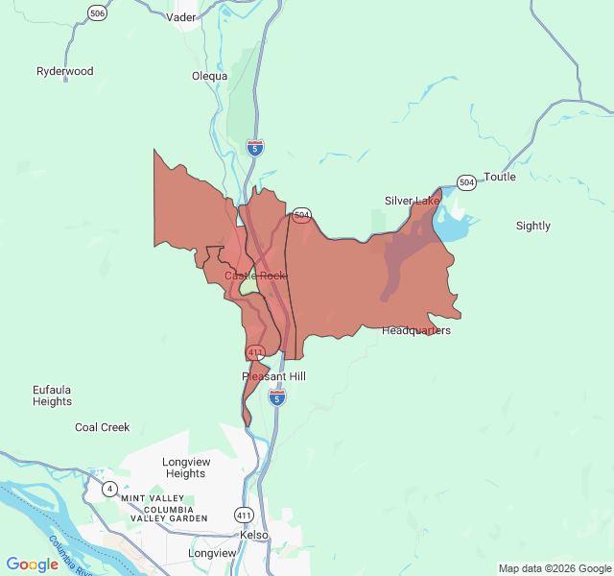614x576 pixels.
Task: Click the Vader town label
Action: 180,17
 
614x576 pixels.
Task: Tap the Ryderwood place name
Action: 65,71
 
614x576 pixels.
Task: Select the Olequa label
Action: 209,76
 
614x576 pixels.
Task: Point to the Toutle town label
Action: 500,177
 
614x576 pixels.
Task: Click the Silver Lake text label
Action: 412,201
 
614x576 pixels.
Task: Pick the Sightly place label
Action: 533,226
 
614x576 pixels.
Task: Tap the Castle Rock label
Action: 255,276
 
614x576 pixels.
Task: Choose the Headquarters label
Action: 415,330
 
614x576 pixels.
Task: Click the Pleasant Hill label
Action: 273,376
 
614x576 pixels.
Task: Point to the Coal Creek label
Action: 102,427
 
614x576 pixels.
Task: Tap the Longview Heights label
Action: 184,468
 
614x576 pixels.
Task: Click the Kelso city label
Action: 254,535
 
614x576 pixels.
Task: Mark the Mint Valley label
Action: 152,498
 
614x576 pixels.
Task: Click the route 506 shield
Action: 97,12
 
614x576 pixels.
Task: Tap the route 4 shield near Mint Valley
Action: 109,488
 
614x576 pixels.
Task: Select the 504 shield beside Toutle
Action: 466,181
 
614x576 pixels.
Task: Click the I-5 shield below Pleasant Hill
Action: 277,397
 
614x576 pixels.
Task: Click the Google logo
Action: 32,564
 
